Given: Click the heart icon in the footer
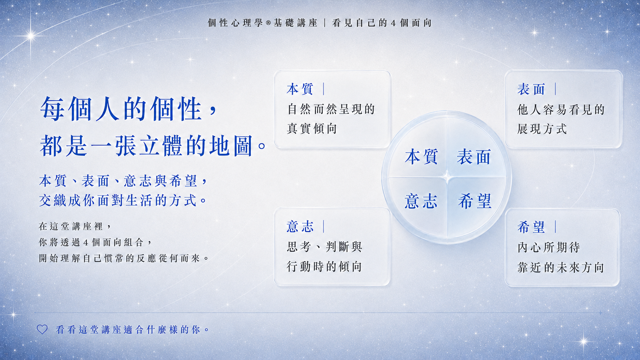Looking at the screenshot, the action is point(42,329).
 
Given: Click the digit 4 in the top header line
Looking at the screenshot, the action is point(393,23).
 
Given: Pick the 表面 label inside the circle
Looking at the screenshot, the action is point(474,156).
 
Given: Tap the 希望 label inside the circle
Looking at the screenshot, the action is point(475,201).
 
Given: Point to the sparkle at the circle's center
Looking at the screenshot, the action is point(447,178).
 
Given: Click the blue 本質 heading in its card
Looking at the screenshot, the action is point(300,89).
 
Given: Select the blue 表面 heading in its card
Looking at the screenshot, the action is point(531,89).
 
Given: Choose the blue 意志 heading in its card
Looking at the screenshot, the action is point(300,227).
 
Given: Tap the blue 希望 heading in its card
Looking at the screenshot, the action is point(531,227).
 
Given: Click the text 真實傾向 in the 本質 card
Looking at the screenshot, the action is point(312,129).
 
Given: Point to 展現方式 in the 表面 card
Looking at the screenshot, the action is point(542,129).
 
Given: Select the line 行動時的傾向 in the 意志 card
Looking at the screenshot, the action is point(324,267).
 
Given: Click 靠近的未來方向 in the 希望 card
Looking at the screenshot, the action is point(560,267).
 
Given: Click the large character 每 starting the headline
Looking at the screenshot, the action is point(52,109).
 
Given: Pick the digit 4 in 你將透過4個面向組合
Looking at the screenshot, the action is point(85,243).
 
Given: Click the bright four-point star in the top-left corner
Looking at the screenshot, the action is point(31,36).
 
